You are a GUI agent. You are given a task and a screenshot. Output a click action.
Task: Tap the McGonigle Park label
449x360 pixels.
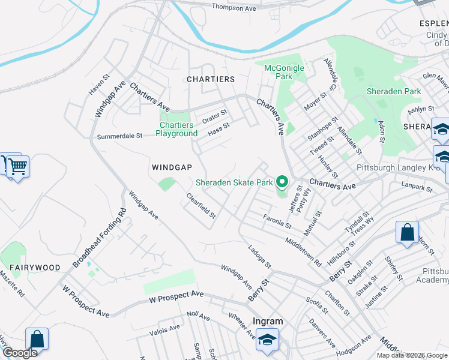click(x=284, y=72)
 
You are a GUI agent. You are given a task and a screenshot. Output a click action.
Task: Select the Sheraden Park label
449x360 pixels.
click(x=394, y=91)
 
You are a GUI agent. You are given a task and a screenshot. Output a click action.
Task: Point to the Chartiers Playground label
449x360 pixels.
click(x=176, y=129)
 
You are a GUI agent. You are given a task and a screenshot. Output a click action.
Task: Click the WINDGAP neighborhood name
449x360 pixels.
click(x=172, y=167)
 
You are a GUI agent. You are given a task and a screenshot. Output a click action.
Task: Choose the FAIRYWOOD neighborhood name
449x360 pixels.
click(x=34, y=266)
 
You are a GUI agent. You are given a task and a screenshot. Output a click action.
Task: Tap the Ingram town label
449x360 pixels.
click(x=268, y=321)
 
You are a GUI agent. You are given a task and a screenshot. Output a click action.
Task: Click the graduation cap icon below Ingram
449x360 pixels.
click(x=268, y=339)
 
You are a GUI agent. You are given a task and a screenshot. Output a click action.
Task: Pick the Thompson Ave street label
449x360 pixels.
click(x=234, y=8)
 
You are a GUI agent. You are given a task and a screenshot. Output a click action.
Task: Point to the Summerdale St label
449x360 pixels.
click(x=119, y=136)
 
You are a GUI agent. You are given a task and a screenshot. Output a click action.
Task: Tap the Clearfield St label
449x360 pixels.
click(x=200, y=205)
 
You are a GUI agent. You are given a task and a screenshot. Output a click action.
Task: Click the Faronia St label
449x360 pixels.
click(x=277, y=221)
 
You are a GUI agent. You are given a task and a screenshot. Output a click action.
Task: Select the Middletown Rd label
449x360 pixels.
click(x=304, y=250)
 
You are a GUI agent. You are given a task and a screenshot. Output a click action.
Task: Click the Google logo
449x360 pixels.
click(x=19, y=353)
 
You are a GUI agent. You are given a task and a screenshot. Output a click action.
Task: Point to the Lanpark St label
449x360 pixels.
click(x=418, y=188)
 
